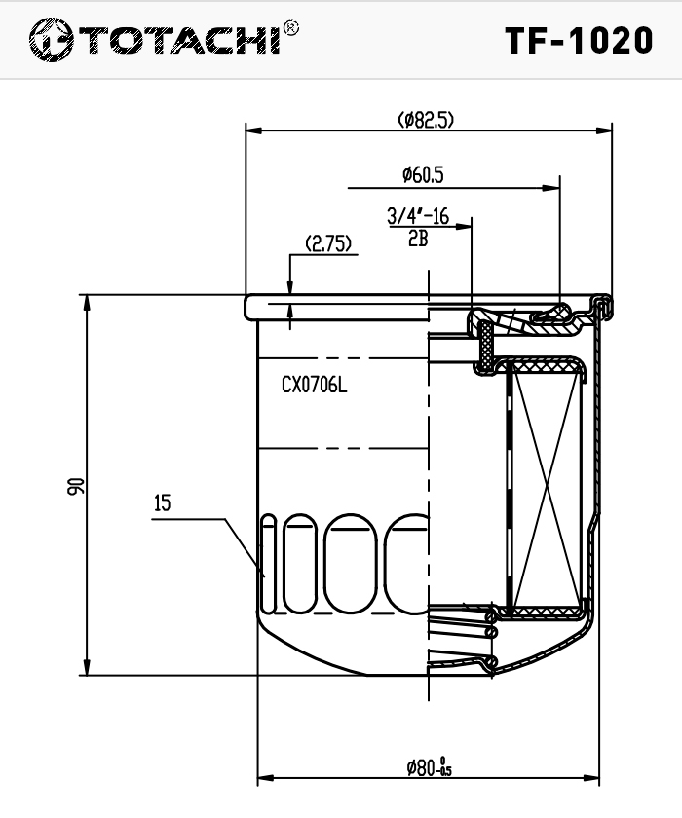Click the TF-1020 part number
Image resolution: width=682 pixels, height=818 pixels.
(x=579, y=41)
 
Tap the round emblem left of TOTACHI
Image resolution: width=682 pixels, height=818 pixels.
(x=51, y=40)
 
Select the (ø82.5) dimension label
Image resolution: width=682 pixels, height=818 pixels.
(x=426, y=120)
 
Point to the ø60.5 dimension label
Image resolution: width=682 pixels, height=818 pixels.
(x=423, y=174)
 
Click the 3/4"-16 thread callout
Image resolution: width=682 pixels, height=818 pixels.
(x=418, y=215)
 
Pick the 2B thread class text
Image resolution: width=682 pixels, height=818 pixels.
(x=418, y=239)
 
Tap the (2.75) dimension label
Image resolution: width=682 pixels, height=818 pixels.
(x=328, y=243)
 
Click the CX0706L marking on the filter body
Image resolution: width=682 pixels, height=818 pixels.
(x=314, y=385)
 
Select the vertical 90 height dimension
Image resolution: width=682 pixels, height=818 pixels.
(x=76, y=486)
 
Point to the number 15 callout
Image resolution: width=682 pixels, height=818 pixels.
(x=163, y=503)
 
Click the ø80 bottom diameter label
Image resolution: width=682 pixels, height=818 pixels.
(x=430, y=766)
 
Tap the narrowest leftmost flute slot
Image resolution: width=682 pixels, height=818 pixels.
(x=269, y=564)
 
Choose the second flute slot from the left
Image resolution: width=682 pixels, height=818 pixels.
(x=299, y=564)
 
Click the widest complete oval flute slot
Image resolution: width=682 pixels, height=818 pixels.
(x=350, y=564)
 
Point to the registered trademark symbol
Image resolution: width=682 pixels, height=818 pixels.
(x=290, y=28)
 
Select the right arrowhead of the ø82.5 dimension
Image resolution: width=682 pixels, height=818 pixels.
(x=604, y=130)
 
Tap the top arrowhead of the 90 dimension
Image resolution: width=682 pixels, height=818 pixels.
(x=87, y=303)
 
